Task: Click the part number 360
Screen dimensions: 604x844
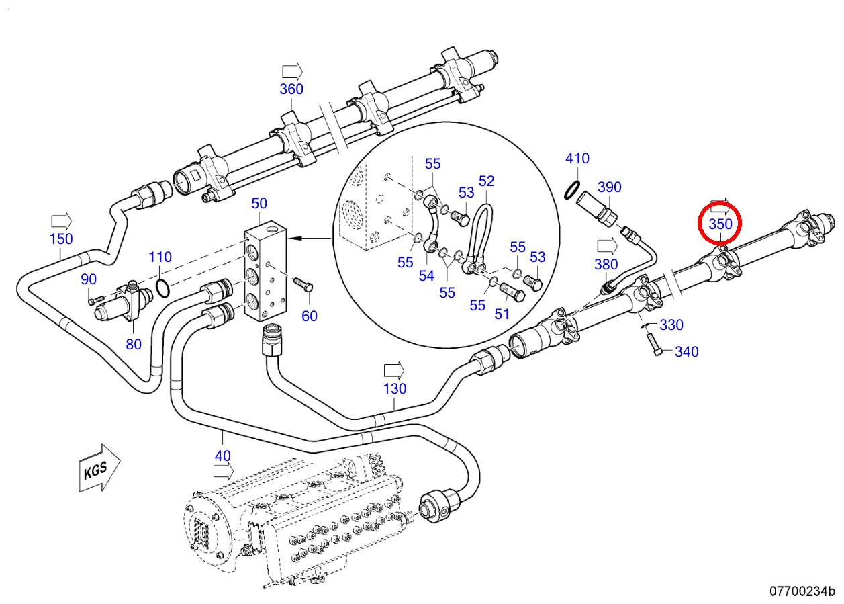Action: click(291, 89)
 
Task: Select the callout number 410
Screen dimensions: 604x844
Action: click(577, 159)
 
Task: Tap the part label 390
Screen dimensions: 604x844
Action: click(610, 187)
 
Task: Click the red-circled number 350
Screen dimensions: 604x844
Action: click(720, 224)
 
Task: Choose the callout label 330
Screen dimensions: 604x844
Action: click(671, 325)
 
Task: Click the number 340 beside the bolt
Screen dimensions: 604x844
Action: click(686, 351)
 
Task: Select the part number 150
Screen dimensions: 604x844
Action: click(61, 239)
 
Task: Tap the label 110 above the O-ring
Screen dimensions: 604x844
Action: click(160, 257)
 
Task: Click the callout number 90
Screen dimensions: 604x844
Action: click(89, 279)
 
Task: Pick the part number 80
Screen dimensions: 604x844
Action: click(134, 344)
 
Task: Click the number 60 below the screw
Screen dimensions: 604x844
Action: click(309, 316)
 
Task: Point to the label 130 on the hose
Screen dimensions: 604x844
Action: click(395, 388)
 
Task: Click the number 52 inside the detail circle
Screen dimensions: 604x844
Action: click(486, 181)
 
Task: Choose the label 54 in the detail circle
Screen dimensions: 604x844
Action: click(426, 275)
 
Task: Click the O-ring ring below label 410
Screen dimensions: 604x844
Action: click(571, 189)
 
